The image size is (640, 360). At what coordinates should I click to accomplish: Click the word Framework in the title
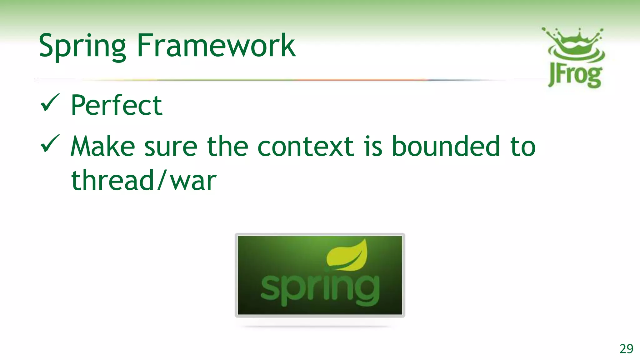click(216, 46)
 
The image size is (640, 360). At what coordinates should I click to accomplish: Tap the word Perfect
click(116, 105)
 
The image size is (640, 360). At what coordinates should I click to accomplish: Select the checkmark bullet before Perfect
click(50, 103)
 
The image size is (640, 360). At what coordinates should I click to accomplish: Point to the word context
click(306, 147)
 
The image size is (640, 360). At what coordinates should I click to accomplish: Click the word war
click(193, 182)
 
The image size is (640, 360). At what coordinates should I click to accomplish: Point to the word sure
click(171, 147)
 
